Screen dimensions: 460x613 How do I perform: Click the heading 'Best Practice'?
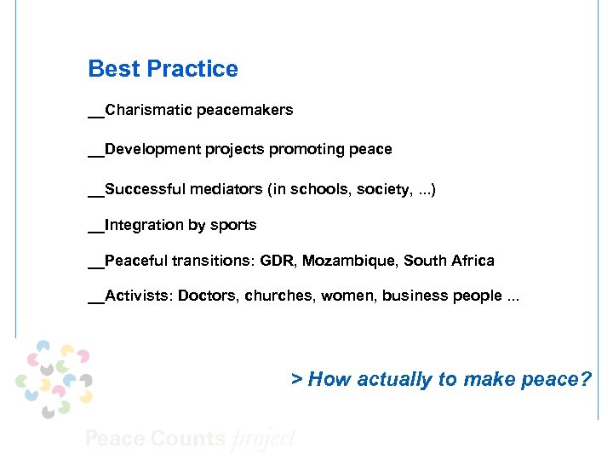163,69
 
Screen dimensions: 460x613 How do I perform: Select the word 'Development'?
152,149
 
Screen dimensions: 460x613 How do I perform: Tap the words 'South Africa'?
449,261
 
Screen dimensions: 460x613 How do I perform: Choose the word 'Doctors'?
207,296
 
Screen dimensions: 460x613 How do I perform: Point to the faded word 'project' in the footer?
263,440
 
